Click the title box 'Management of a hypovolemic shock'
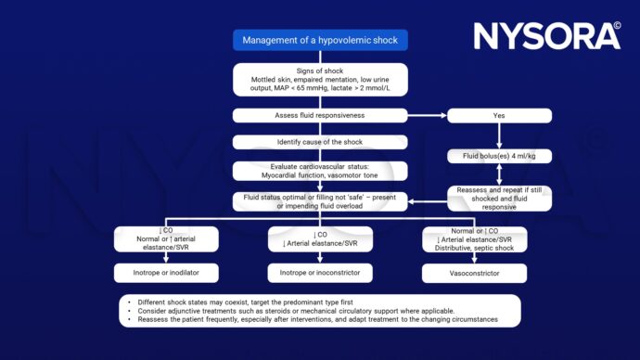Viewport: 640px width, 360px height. click(320, 40)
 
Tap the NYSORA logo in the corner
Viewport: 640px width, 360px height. click(547, 35)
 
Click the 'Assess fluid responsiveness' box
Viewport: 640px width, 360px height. click(320, 116)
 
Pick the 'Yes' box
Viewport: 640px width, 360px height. click(499, 116)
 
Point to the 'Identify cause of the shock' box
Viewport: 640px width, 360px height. click(320, 142)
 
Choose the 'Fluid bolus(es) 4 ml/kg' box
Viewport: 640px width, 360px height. click(499, 156)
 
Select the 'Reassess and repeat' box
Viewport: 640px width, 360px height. click(499, 199)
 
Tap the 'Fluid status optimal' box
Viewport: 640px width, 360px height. click(320, 200)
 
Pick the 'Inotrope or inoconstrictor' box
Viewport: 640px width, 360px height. click(320, 273)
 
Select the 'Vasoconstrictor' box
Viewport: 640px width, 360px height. click(474, 274)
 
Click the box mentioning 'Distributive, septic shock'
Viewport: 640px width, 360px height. click(474, 239)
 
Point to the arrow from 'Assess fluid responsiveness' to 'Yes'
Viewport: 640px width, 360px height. click(427, 116)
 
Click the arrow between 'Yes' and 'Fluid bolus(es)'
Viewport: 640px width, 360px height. click(499, 135)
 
